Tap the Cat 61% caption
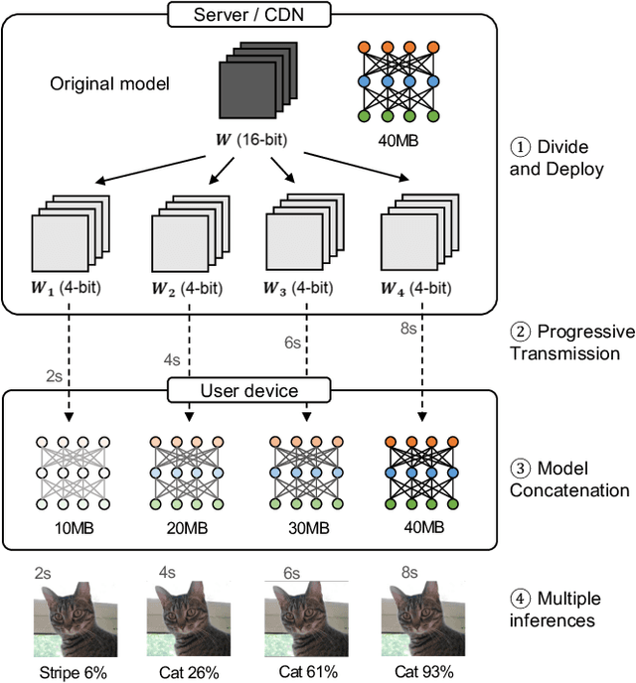(299, 672)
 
